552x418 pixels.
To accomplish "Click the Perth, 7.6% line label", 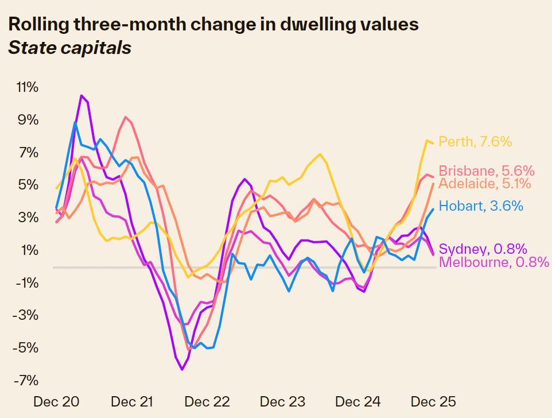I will point(475,141).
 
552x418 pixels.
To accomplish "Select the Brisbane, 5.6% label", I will point(487,171).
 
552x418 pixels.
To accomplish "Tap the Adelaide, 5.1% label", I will point(485,184).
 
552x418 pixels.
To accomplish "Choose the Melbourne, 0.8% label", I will point(483,262).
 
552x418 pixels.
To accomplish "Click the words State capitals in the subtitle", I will point(69,48).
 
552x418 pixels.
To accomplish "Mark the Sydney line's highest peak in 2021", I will point(81,96).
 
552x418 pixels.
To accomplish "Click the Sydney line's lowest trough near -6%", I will point(182,369).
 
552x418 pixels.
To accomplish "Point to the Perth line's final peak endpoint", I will point(427,141).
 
